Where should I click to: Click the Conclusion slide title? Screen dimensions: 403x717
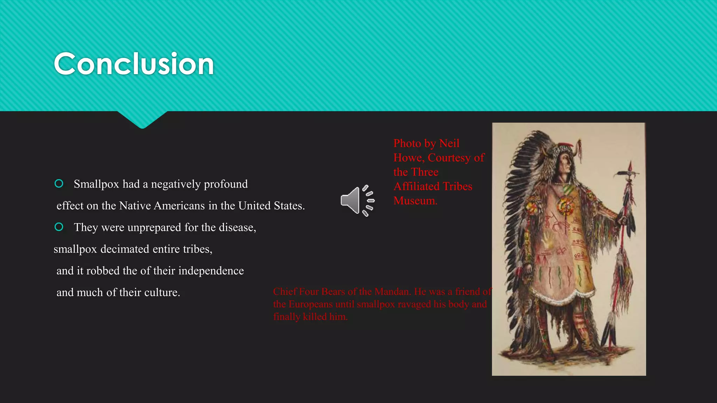134,64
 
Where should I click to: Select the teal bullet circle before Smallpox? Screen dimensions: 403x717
59,184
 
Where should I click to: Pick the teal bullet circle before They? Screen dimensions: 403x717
59,227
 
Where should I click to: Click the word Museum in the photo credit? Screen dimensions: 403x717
415,201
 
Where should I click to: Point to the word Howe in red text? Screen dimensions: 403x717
408,158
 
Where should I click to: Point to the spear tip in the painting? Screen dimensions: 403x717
630,166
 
